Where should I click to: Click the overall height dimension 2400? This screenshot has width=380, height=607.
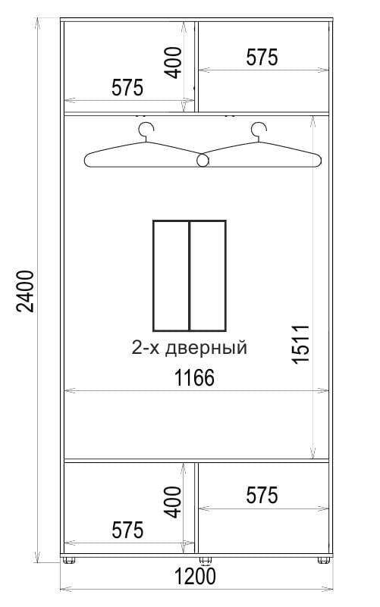pos(25,291)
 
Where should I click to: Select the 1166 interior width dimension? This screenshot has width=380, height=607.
pos(196,377)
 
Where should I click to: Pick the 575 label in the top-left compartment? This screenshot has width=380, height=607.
pos(127,88)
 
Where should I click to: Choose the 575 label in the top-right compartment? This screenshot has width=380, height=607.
pos(262,58)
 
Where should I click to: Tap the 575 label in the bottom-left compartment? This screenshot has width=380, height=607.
pos(127,530)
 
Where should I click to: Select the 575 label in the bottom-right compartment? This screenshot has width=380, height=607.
pos(262,496)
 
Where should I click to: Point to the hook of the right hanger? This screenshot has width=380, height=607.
pos(259,129)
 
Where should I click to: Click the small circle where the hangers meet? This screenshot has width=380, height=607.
pos(203,160)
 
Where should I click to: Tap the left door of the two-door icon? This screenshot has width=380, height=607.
pos(171,276)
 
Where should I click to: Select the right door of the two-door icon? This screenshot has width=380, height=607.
pos(207,276)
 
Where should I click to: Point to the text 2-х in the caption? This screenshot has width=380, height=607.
pos(146,349)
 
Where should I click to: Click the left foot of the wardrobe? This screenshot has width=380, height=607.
pos(71,562)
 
